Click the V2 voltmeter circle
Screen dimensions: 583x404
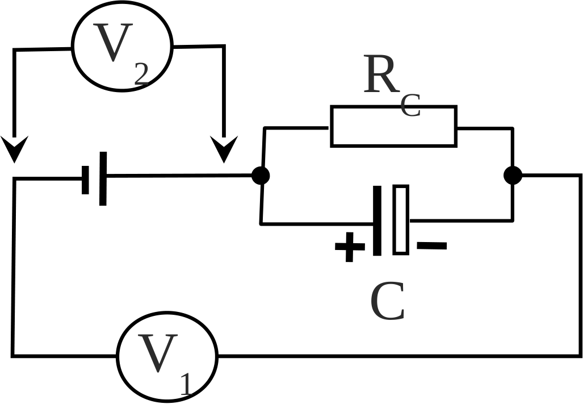click(73, 46)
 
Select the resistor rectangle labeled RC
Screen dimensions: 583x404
click(331, 127)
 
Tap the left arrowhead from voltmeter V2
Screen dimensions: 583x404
click(15, 149)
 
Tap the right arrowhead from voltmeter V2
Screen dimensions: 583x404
click(224, 149)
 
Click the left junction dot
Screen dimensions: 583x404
click(261, 176)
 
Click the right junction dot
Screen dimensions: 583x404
click(513, 175)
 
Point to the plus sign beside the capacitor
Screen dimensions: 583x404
click(350, 247)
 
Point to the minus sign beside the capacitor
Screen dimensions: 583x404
click(431, 245)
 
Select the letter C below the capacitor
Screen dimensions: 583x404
click(387, 301)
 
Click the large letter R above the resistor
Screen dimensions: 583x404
click(380, 74)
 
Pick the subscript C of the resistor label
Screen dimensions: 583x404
click(410, 105)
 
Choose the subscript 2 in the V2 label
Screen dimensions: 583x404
click(141, 73)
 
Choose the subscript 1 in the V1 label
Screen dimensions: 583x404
click(186, 384)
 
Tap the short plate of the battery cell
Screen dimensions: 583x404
click(85, 180)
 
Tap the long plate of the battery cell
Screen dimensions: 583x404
click(103, 178)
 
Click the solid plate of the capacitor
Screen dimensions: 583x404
click(377, 220)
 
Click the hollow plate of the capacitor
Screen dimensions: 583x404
click(394, 219)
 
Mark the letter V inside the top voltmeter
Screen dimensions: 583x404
click(113, 42)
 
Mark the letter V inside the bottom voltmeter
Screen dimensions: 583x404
click(158, 353)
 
